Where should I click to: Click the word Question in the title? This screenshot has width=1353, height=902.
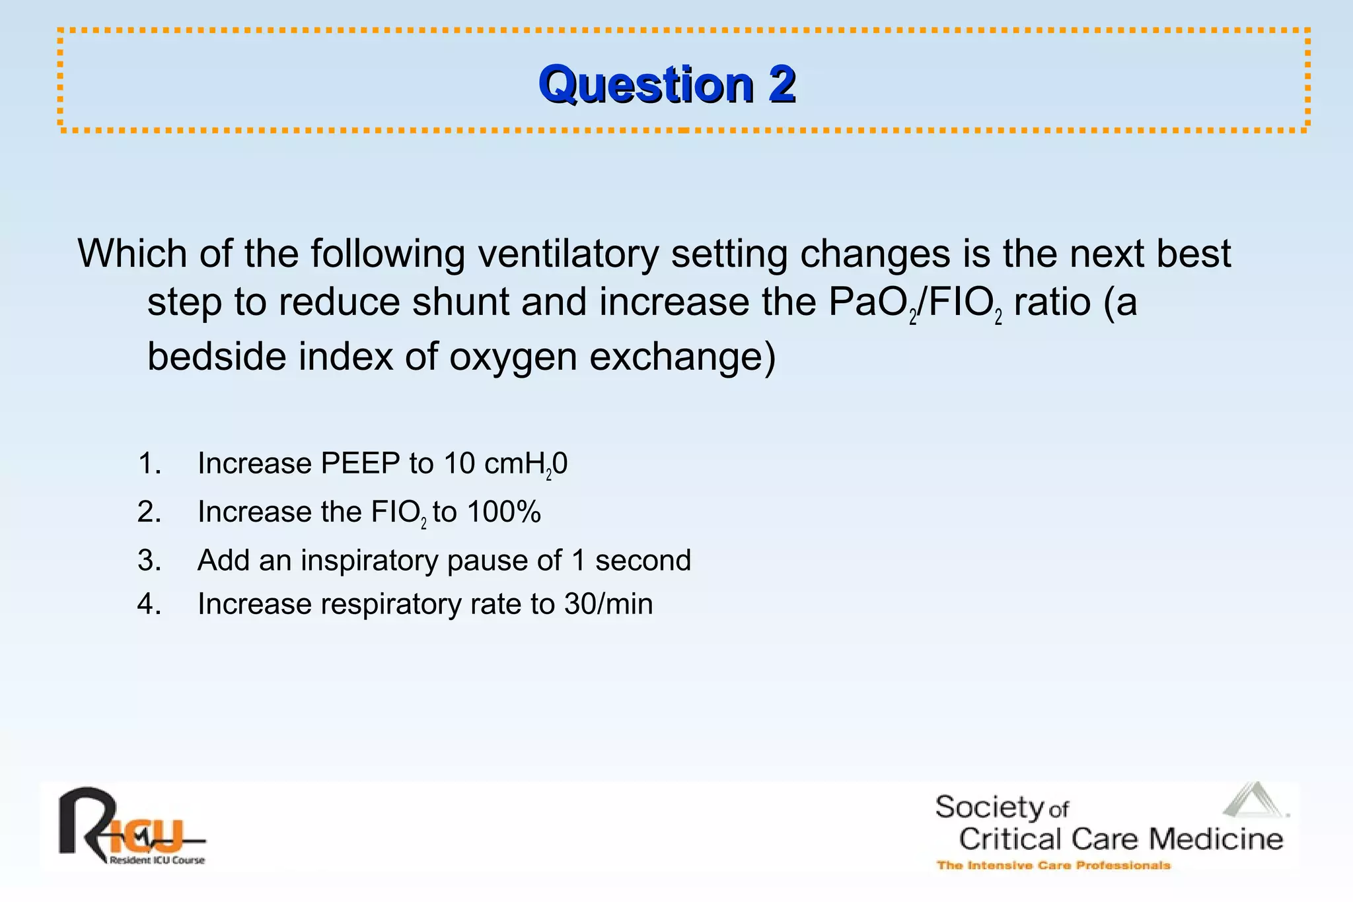646,85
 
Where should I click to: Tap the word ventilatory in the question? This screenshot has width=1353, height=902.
568,254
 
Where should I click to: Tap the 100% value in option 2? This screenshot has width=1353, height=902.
503,512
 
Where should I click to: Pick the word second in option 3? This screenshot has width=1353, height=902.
643,561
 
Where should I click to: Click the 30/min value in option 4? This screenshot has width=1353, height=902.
608,604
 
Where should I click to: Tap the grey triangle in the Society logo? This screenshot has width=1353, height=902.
1253,800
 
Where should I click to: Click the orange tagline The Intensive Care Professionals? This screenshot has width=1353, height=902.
1053,866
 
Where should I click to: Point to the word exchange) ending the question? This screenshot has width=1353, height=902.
682,358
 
